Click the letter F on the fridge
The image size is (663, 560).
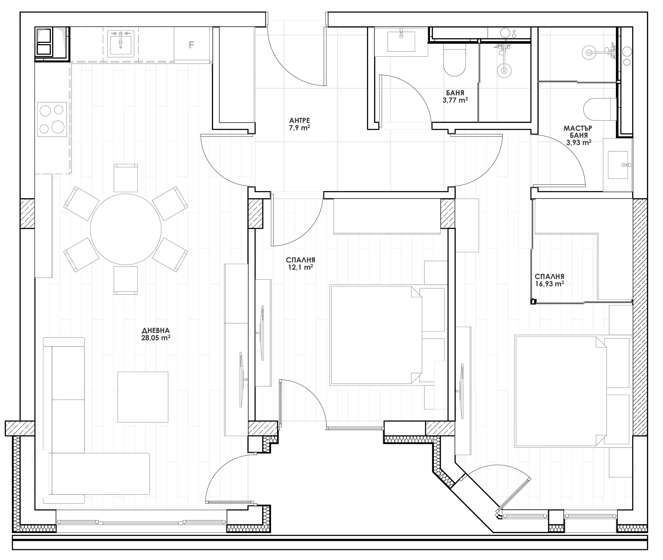191,45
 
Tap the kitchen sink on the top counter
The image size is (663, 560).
121,44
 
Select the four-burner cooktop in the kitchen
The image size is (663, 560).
52,119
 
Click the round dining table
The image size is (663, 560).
126,229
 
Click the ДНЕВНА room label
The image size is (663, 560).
156,330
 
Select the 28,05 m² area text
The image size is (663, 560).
156,338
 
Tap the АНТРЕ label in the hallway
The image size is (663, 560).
300,121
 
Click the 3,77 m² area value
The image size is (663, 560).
455,100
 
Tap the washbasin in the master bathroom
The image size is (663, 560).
618,165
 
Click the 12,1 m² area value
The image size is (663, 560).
300,267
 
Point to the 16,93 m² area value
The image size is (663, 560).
549,284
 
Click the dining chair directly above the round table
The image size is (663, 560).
126,178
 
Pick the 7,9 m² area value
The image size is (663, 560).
300,128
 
